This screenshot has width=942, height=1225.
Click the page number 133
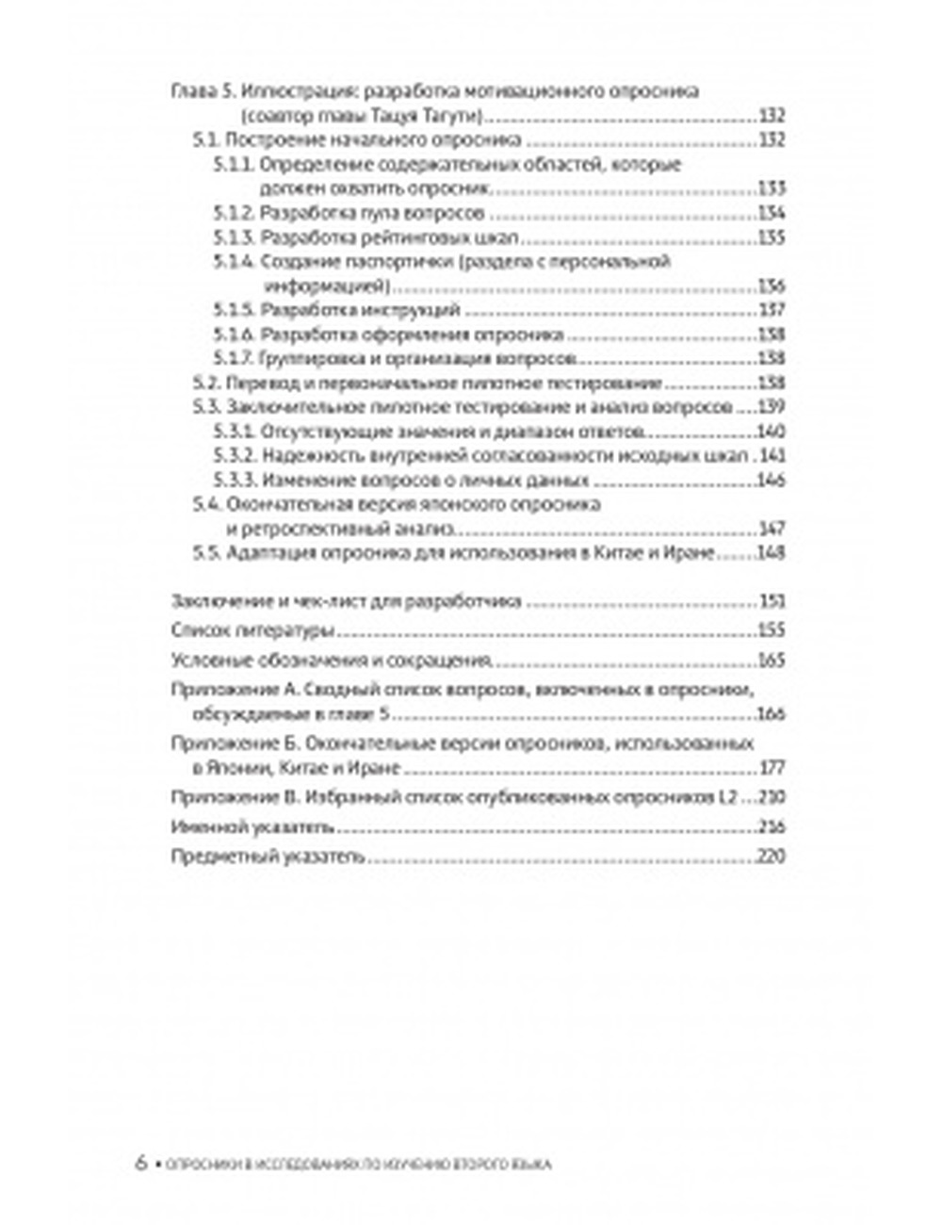click(x=771, y=188)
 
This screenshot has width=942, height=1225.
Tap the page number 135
click(x=771, y=237)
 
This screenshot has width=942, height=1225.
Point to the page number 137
click(x=771, y=310)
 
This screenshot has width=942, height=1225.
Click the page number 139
click(x=771, y=408)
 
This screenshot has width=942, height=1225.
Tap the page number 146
click(x=771, y=481)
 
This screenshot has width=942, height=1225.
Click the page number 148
click(x=771, y=553)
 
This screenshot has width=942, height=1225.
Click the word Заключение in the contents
click(x=214, y=602)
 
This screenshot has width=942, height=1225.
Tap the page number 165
click(x=771, y=661)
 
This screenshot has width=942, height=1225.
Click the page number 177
click(x=771, y=768)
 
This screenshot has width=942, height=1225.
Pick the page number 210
click(x=771, y=798)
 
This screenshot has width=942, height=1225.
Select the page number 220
click(x=771, y=858)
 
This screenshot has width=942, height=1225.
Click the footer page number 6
click(x=141, y=1163)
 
